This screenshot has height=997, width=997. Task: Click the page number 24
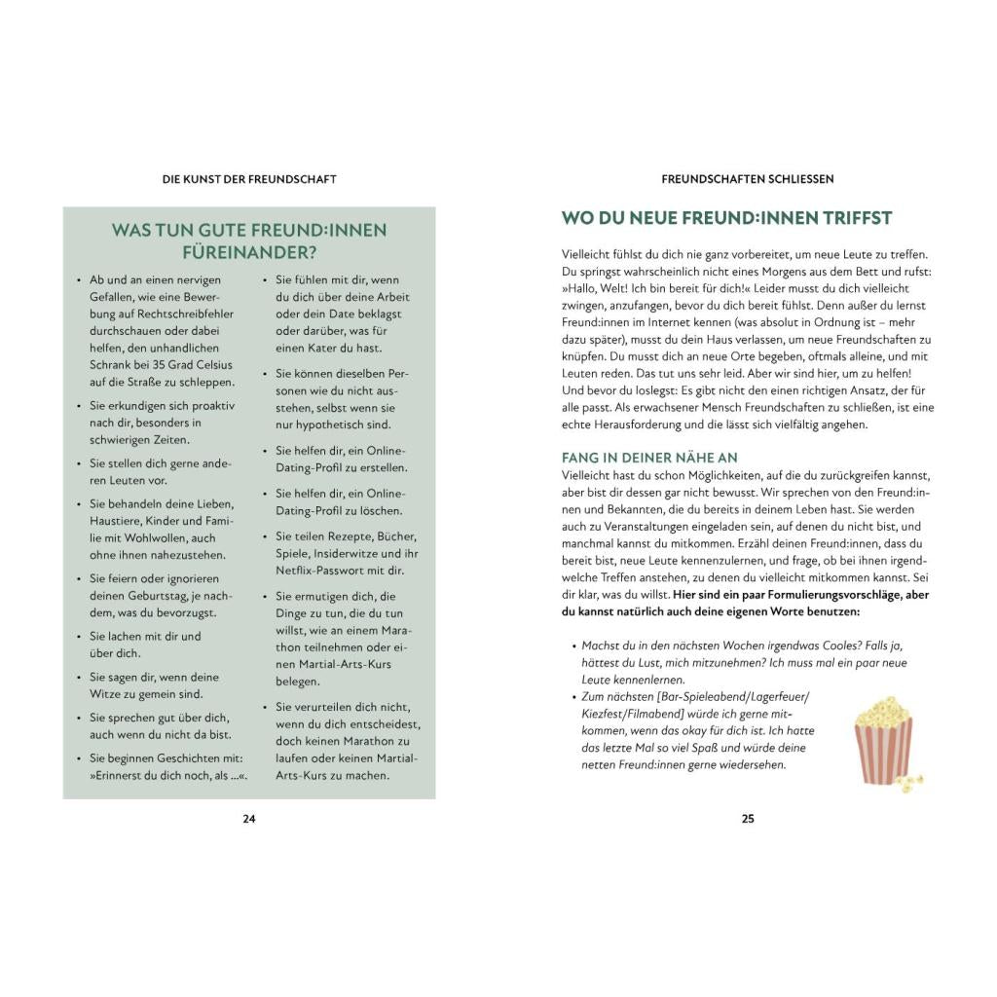248,819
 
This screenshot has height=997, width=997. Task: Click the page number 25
748,819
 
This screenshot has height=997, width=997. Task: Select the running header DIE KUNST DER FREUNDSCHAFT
249,179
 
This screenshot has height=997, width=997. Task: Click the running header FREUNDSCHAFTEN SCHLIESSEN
748,179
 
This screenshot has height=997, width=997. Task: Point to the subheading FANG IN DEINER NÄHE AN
649,458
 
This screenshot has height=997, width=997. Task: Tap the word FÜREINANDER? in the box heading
249,253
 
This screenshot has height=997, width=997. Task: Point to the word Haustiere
116,520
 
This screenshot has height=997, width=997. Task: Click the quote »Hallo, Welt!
598,289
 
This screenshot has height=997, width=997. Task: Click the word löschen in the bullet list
383,511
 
